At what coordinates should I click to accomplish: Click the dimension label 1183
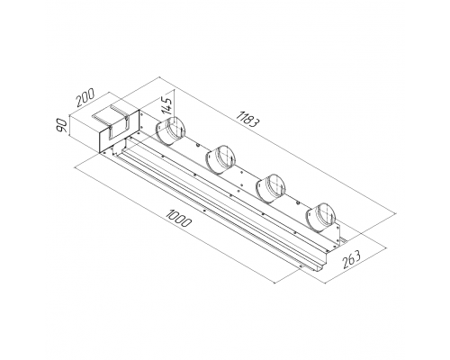[247, 119]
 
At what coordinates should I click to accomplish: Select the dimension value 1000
[179, 219]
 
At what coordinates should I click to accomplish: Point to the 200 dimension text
[85, 97]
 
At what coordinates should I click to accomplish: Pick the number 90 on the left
[62, 125]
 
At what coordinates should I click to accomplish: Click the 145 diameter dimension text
[166, 106]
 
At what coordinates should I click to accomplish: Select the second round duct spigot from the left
[220, 159]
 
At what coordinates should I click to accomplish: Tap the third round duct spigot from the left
[270, 187]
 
